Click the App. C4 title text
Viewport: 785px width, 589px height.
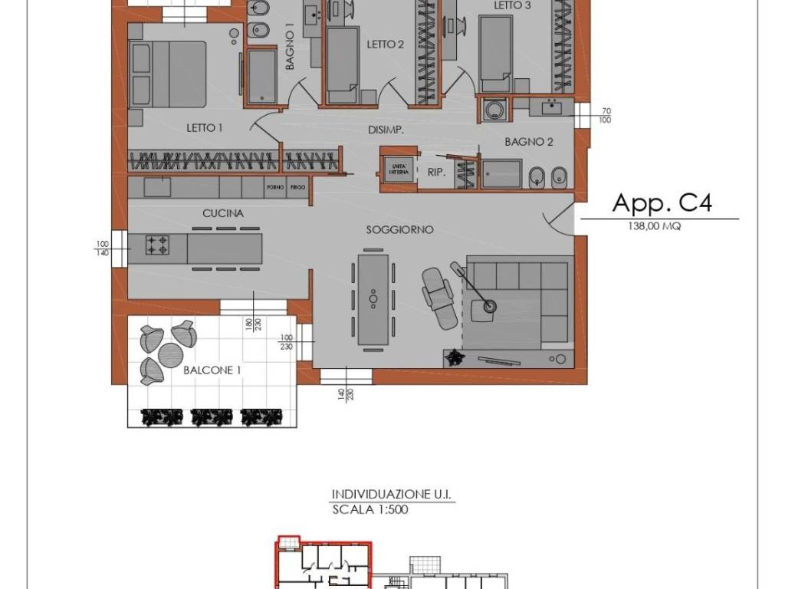point(662,202)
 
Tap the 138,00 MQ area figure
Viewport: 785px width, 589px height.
point(654,226)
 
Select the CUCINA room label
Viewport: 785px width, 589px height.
point(223,214)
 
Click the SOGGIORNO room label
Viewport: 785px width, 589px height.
point(399,229)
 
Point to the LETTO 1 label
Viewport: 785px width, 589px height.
point(204,128)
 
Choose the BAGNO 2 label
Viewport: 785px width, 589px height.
point(529,142)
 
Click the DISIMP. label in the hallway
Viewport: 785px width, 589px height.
point(386,130)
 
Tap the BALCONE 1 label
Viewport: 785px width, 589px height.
point(212,370)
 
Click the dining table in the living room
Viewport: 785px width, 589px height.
point(373,298)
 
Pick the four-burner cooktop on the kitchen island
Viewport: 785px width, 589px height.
point(157,245)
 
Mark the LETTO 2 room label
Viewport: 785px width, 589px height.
point(385,44)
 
